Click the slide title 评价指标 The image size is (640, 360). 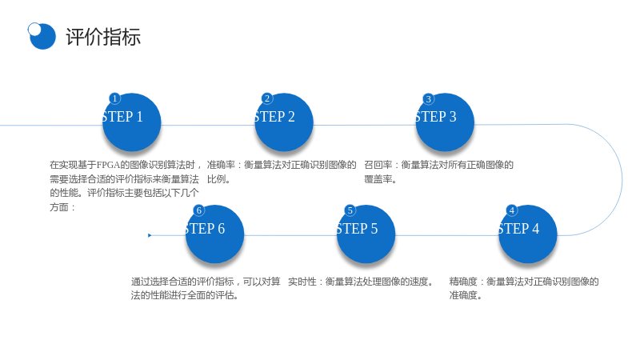pos(103,37)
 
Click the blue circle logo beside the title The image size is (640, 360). pos(42,36)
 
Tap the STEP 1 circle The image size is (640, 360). pos(131,122)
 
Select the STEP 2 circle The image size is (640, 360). pos(284,122)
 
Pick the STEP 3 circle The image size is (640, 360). pos(445,122)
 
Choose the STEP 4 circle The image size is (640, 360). pos(528,234)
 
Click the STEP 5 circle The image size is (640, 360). pos(366,234)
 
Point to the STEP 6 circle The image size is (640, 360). pos(214,234)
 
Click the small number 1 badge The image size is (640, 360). pos(114,98)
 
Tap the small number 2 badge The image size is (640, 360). pos(267,98)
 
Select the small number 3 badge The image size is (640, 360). pos(428,98)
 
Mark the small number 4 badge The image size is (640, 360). pos(511,210)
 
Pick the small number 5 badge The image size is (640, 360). pos(350,210)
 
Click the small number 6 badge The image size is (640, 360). pos(198,210)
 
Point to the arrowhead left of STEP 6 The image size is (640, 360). pos(150,235)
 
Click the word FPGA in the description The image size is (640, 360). pos(108,165)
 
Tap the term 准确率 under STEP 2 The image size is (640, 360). pos(221,165)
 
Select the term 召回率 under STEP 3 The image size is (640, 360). pos(378,165)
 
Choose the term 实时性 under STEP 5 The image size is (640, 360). pos(302,282)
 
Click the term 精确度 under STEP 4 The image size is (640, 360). pos(463,282)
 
